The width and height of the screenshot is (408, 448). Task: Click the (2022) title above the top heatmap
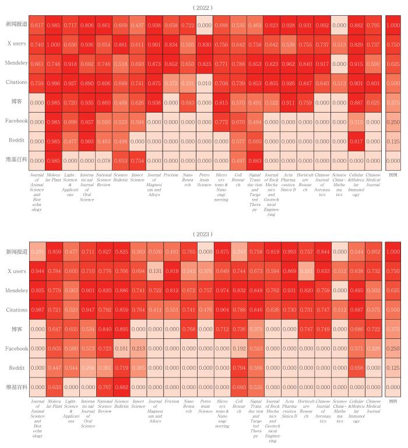pos(204,8)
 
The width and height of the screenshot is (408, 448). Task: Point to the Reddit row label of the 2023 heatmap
pos(16,367)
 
